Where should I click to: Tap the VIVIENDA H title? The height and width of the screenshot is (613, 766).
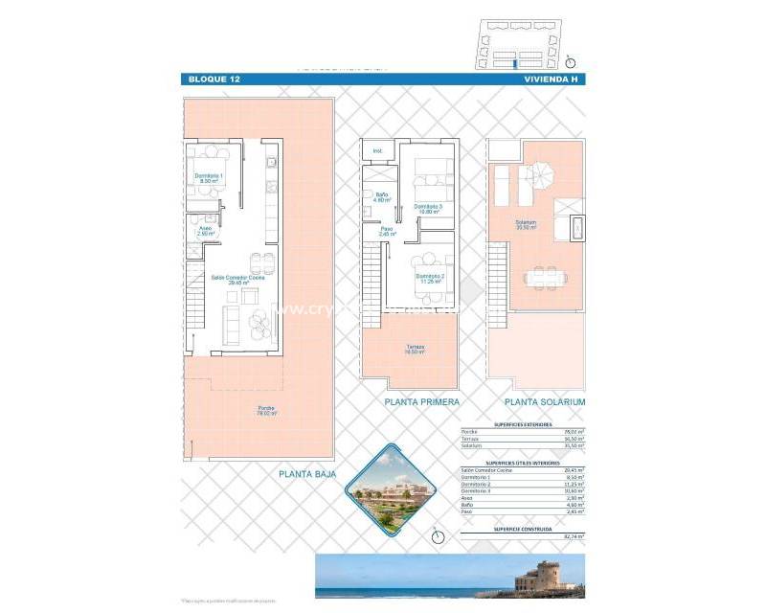tap(553, 79)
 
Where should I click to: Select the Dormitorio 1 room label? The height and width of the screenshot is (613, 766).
tap(209, 178)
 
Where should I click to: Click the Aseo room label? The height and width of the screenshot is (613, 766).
tap(206, 230)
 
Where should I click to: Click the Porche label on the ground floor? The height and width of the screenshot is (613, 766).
tap(265, 412)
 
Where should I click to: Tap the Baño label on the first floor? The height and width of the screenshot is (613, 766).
tap(381, 198)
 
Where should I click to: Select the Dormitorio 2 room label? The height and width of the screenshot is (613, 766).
tap(430, 278)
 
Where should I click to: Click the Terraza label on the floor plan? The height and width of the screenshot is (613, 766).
tap(414, 349)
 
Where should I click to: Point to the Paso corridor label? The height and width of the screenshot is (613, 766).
tap(387, 231)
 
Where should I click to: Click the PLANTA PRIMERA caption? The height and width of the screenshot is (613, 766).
tap(421, 402)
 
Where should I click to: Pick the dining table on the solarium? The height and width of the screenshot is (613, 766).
tap(544, 276)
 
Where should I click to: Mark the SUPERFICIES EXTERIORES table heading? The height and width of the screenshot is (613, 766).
tap(522, 422)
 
